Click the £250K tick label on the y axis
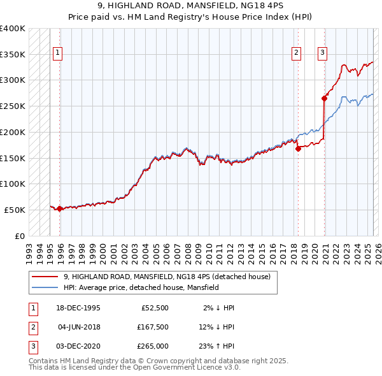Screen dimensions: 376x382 (x=12, y=106)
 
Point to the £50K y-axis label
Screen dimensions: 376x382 (x=15, y=210)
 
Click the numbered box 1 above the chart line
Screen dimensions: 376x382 (x=58, y=53)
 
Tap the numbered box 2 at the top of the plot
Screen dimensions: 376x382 (x=297, y=53)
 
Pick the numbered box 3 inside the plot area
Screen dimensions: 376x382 (x=323, y=53)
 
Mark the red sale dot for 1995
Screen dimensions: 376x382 (x=60, y=208)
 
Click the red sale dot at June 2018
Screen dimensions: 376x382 (x=298, y=148)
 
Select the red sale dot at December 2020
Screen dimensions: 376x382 (x=324, y=98)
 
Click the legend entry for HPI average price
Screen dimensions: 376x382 (x=141, y=287)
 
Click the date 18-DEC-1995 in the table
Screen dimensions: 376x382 (x=78, y=308)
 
